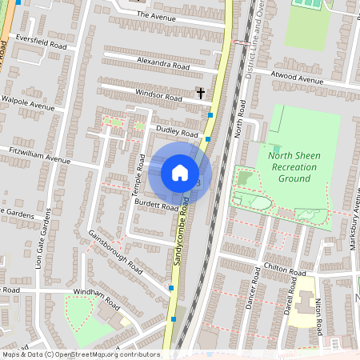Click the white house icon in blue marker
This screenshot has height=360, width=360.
(x=180, y=173)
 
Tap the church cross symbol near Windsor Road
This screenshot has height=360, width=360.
(x=200, y=94)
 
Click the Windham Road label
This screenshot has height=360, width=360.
(x=95, y=294)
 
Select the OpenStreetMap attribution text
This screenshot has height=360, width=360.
(x=80, y=354)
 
